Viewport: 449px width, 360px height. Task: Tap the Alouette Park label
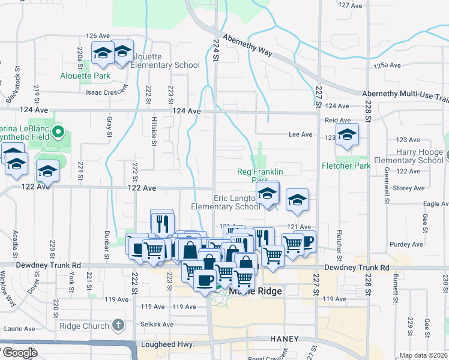[x=85, y=76]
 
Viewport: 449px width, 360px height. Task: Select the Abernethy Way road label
[x=247, y=44]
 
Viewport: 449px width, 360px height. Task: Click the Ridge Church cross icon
[x=118, y=326]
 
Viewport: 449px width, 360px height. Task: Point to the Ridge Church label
[x=85, y=326]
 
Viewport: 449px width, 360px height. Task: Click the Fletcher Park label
[x=346, y=166]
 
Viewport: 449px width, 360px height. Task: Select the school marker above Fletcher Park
[x=347, y=136]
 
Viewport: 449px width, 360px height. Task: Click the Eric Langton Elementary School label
[x=226, y=202]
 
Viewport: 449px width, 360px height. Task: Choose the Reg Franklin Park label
[x=260, y=175]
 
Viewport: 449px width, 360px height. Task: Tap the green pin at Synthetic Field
[x=58, y=131]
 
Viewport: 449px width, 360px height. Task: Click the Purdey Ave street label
[x=406, y=244]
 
